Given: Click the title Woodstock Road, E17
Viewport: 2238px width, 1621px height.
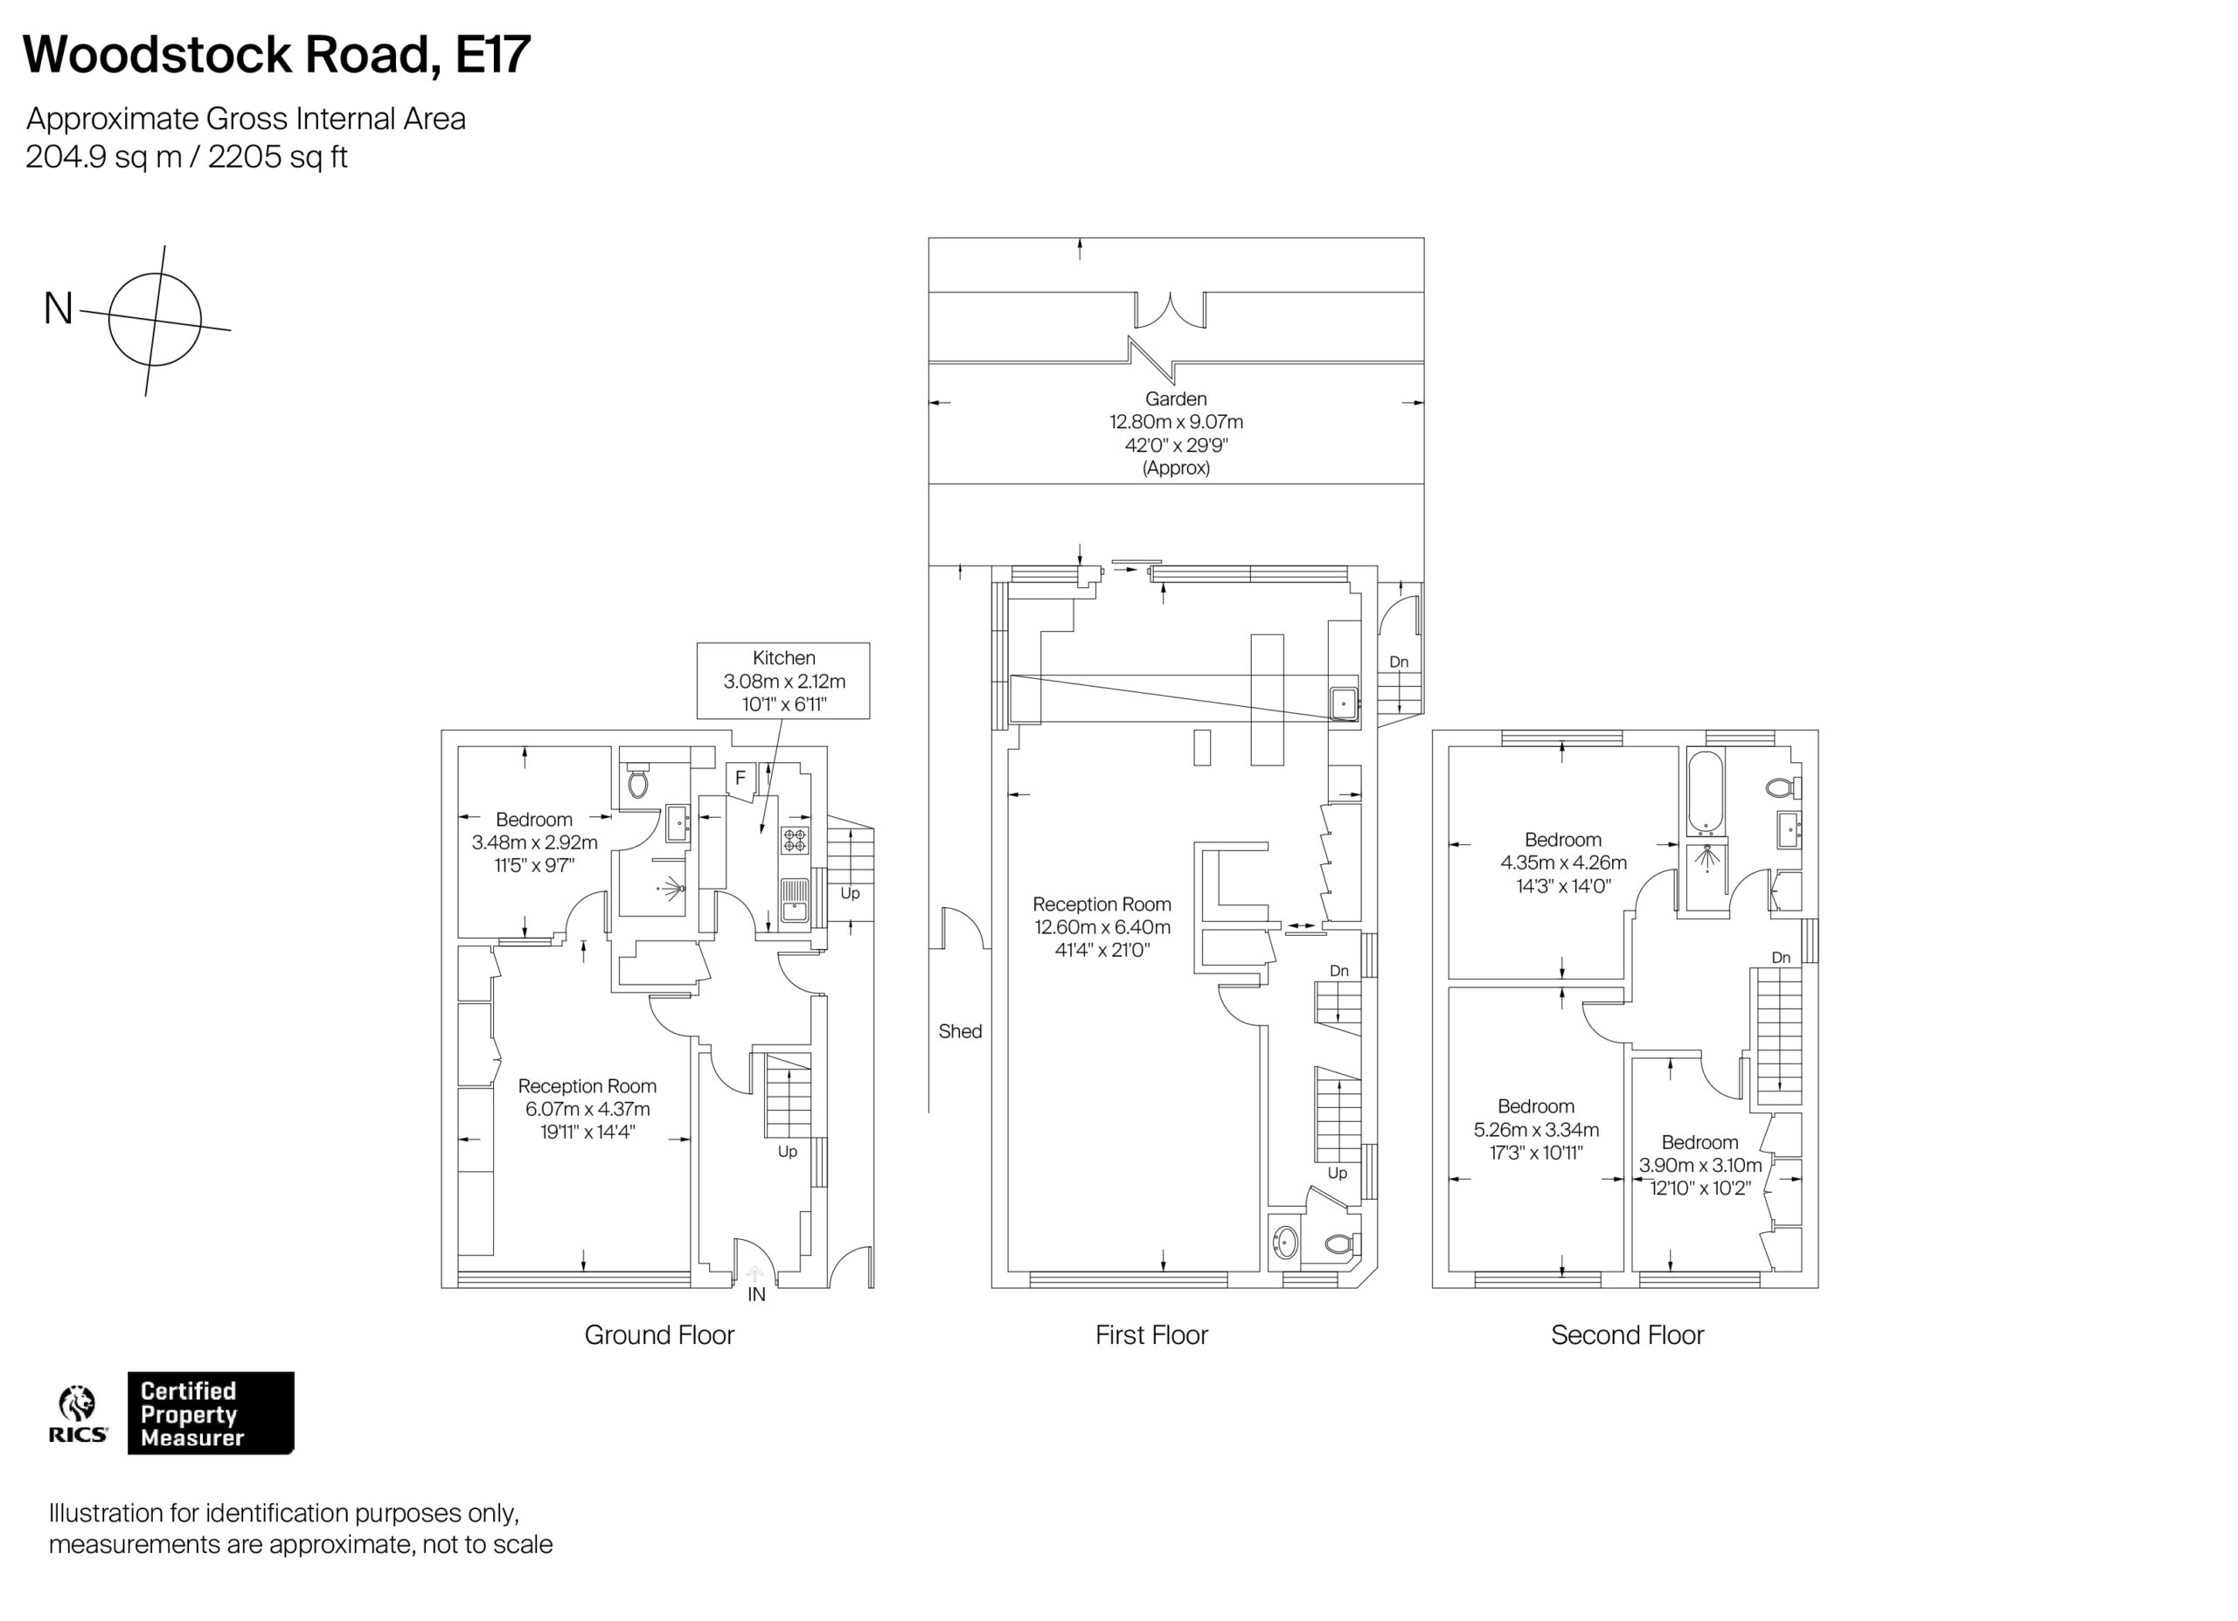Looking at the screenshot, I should pyautogui.click(x=276, y=55).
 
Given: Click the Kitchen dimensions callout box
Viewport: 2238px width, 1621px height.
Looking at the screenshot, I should pyautogui.click(x=782, y=680).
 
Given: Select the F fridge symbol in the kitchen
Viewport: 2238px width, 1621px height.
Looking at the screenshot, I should pyautogui.click(x=740, y=779).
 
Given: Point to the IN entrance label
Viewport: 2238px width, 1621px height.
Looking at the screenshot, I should pyautogui.click(x=756, y=1294).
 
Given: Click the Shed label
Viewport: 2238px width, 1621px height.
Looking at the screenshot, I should pyautogui.click(x=959, y=1031).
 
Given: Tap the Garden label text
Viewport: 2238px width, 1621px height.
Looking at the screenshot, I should pyautogui.click(x=1175, y=398).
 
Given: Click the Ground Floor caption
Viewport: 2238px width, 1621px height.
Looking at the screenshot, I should pyautogui.click(x=659, y=1335).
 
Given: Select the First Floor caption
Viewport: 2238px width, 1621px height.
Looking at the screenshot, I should pyautogui.click(x=1150, y=1335).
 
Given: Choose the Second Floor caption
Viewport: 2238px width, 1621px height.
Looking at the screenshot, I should pyautogui.click(x=1626, y=1335).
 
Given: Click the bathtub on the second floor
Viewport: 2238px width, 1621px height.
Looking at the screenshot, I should pyautogui.click(x=1704, y=793).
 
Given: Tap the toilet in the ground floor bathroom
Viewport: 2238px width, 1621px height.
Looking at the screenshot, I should pyautogui.click(x=638, y=782).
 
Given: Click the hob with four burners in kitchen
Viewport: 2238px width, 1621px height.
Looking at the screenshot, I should pyautogui.click(x=795, y=840).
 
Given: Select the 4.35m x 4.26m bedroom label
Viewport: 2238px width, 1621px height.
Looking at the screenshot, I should pyautogui.click(x=1563, y=862).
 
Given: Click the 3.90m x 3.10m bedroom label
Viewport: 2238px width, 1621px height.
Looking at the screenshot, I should pyautogui.click(x=1699, y=1165).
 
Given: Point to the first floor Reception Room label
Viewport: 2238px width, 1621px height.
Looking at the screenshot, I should pyautogui.click(x=1102, y=926).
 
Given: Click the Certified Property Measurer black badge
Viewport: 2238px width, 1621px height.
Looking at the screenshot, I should pyautogui.click(x=210, y=1413).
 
